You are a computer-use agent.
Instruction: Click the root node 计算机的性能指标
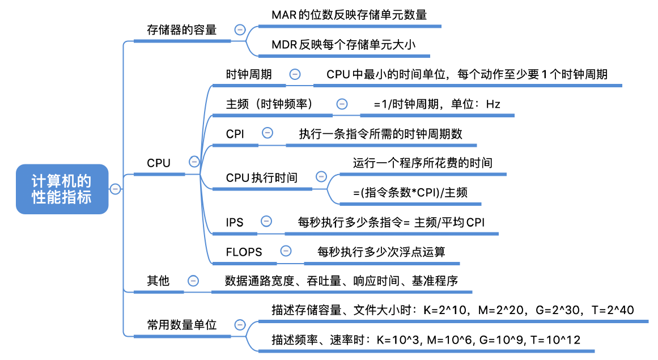[x=62, y=189]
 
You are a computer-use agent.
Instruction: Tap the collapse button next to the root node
[x=115, y=189]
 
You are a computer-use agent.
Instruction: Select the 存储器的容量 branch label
[x=181, y=29]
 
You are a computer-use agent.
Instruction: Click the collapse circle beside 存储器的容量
[x=240, y=29]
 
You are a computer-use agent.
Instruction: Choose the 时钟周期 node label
[x=249, y=74]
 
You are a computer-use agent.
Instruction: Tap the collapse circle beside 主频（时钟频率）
[x=342, y=104]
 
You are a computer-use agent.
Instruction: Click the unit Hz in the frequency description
[x=493, y=104]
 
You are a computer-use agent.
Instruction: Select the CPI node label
[x=235, y=134]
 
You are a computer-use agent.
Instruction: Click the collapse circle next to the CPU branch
[x=194, y=162]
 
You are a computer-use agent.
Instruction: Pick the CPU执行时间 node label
[x=261, y=177]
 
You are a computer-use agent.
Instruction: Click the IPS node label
[x=235, y=222]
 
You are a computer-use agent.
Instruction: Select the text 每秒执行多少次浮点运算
[x=381, y=252]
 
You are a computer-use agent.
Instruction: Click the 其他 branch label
[x=158, y=281]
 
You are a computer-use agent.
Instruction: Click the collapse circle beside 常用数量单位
[x=240, y=325]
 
